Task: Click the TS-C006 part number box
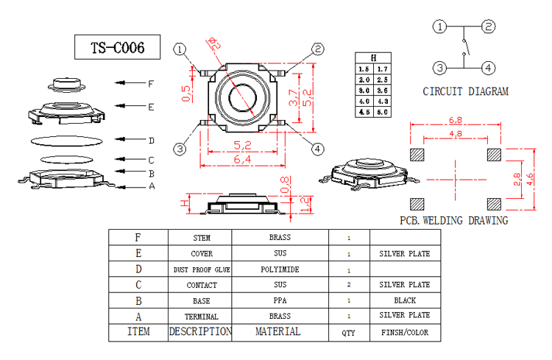click(118, 48)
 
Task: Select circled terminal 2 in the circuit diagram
click(488, 27)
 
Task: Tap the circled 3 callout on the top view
click(180, 149)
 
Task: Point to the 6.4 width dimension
click(242, 159)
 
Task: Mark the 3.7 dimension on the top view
click(294, 98)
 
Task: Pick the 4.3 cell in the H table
click(382, 101)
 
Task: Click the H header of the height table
click(374, 57)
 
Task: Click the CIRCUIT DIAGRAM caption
click(465, 92)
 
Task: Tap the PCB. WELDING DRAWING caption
click(453, 220)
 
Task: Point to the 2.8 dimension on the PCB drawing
click(518, 179)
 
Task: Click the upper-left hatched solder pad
click(417, 155)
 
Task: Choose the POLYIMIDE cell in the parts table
click(280, 269)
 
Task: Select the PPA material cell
click(280, 300)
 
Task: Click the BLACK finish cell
click(404, 300)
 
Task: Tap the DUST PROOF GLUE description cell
click(201, 269)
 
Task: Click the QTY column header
click(348, 333)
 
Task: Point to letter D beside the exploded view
click(151, 141)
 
